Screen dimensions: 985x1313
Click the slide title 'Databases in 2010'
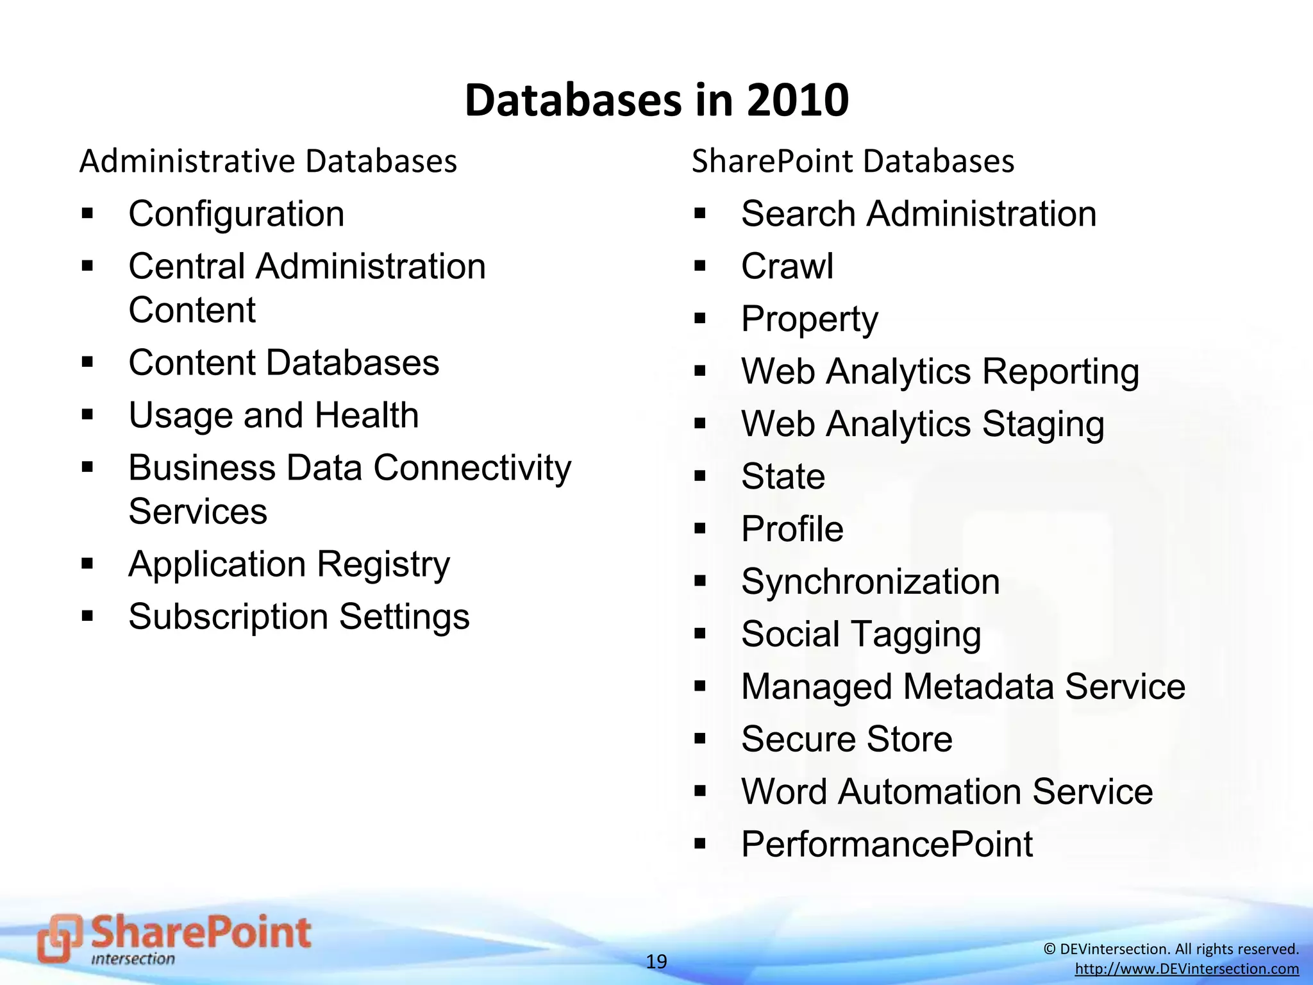pos(656,101)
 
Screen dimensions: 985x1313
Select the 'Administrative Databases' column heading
pos(268,161)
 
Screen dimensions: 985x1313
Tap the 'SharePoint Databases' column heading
pos(853,161)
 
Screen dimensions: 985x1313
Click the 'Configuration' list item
pos(236,214)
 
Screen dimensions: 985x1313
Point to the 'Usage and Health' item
pos(273,415)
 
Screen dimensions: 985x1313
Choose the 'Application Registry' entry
pos(289,564)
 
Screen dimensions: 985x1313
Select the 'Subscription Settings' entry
pos(299,617)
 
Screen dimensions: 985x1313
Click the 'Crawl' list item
pos(787,266)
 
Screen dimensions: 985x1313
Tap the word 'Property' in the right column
pos(809,319)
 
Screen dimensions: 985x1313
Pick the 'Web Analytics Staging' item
pos(923,424)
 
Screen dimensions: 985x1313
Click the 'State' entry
pos(783,476)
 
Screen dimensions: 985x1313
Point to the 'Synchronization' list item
pos(870,582)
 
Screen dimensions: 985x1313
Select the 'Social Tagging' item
pos(861,634)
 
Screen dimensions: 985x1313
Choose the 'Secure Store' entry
pos(846,739)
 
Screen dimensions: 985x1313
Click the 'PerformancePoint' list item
pos(887,844)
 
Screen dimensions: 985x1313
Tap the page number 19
pos(656,961)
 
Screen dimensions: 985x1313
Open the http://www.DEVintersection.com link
pos(1187,969)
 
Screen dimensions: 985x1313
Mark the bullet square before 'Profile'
pos(699,529)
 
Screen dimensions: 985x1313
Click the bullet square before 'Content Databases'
pos(88,362)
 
